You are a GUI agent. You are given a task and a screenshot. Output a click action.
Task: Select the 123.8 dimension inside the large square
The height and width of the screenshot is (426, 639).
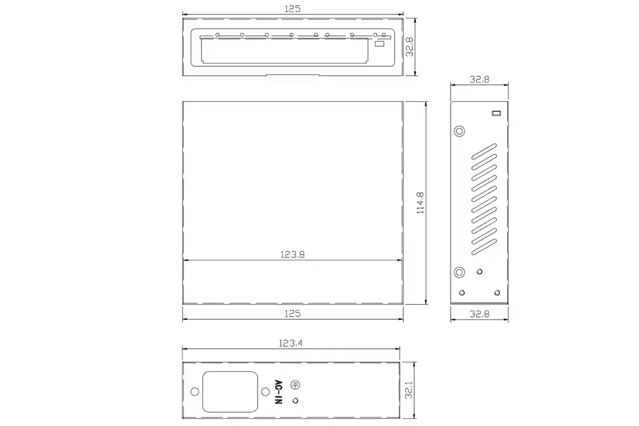coord(292,254)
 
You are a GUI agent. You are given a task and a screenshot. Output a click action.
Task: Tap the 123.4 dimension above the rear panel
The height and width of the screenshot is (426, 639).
coord(291,343)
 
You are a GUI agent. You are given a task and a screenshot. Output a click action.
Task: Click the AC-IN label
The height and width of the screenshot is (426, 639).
coord(278,392)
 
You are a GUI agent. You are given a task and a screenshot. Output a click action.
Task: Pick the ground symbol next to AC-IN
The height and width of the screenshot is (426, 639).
coord(295,385)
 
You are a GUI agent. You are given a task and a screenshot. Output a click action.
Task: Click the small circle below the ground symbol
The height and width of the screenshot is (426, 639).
coord(295,400)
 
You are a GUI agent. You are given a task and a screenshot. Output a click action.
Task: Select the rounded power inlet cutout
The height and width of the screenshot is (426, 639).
coord(230,392)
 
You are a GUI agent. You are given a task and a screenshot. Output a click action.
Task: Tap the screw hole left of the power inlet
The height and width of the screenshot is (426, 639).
coord(194,392)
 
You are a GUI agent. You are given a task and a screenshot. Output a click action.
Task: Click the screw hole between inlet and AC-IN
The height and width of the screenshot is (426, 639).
coord(264,392)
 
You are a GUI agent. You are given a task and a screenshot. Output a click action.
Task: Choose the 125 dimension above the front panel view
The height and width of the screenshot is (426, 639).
coord(292,9)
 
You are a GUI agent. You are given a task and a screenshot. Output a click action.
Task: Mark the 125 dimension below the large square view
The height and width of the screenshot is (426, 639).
coord(292,313)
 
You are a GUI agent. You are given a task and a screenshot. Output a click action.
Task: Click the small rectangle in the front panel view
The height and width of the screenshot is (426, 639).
coord(379,44)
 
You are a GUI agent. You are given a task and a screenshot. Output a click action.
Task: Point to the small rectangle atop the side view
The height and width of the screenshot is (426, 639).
coord(496,113)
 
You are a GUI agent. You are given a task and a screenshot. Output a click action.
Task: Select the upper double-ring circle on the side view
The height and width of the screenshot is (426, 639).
coord(460,131)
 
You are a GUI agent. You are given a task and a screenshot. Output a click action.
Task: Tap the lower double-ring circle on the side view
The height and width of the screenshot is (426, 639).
coord(460,273)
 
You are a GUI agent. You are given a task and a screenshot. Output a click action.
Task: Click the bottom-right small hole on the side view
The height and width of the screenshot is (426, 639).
coord(497,293)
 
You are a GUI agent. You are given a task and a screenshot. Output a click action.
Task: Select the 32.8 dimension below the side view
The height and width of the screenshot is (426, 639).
coord(480,314)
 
